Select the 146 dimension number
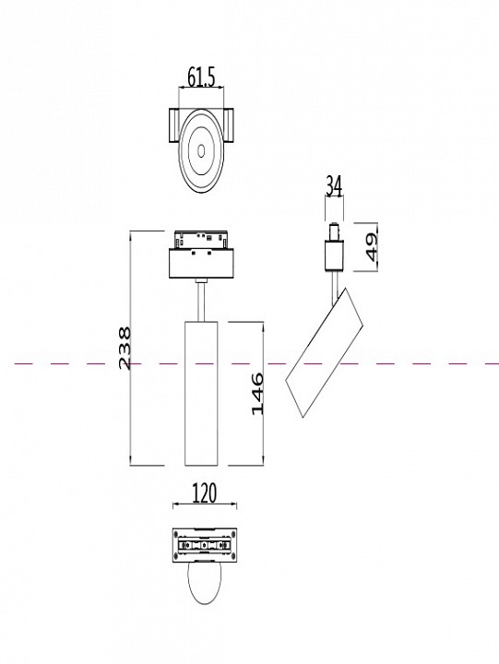click(x=257, y=394)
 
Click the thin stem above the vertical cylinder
click(x=200, y=301)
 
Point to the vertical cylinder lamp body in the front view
click(x=200, y=393)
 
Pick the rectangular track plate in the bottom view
click(x=205, y=545)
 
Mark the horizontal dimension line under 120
click(x=205, y=506)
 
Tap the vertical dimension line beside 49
click(x=357, y=247)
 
